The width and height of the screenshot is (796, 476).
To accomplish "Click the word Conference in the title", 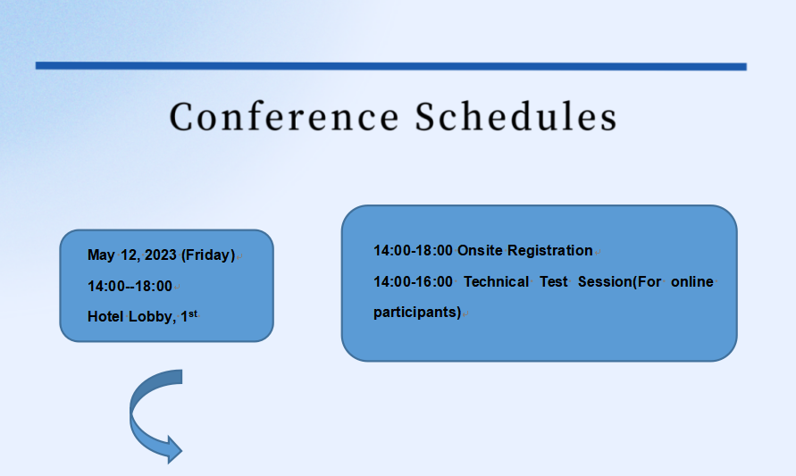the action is pos(284,117).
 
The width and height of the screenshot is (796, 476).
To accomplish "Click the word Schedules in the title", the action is pos(516,116).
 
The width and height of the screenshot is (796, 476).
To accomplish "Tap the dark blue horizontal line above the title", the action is pos(391,66).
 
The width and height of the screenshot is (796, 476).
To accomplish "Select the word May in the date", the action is pos(101,255).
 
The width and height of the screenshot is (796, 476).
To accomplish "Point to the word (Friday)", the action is pos(208,255).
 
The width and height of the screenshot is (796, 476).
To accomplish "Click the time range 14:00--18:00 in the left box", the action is pos(130,286).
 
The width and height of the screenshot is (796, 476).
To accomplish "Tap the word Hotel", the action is pos(105,317).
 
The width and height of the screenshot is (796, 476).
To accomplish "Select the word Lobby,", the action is pos(152,317).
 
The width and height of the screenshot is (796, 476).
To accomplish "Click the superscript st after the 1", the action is pos(193,313).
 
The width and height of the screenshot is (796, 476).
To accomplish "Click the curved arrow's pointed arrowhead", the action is pos(174,449).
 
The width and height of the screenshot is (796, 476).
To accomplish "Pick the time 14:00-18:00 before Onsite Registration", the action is pos(413,251).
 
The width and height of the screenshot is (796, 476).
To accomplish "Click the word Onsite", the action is pos(481,251).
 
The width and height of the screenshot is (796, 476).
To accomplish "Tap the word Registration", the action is pos(550,251).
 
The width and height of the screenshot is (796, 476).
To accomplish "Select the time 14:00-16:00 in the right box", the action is pos(413,281).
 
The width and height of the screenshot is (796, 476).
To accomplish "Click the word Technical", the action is pos(496,281).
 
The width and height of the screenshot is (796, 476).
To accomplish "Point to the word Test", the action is pos(553,281).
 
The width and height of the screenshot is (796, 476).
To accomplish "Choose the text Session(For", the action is pos(620,282).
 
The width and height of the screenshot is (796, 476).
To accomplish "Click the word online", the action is pos(692,281).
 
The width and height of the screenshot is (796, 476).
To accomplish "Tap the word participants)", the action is pos(417,313).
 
